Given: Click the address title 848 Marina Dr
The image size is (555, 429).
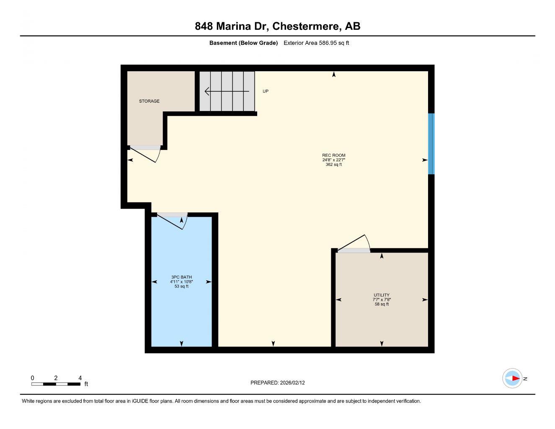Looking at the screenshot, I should point(277,26).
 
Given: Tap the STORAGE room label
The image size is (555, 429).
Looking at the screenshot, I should point(149,101).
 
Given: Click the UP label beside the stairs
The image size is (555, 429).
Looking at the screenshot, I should point(265,91).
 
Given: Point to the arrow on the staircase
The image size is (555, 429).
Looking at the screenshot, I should point(227,91).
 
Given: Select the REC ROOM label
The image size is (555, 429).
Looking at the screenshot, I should point(333,155).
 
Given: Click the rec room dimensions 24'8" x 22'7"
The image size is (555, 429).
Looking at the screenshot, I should point(333,160).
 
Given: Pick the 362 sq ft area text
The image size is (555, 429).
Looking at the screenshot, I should point(333,165).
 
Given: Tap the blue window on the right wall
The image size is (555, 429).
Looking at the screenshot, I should point(431,144).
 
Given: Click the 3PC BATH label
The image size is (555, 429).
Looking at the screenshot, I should point(181,277).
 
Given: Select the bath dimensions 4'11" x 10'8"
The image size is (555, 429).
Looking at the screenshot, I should point(181,282).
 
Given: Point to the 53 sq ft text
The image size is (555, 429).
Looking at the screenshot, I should point(181,287).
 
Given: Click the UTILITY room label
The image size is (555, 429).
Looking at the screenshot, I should point(382,295).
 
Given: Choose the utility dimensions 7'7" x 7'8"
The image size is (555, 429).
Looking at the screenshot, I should point(382,300).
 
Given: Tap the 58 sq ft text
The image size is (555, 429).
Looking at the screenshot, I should point(382,304).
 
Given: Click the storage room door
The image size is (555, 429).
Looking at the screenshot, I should point(145,152).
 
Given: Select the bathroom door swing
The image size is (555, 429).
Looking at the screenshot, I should point(172,220).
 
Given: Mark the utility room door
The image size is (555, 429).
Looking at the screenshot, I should point(354,245).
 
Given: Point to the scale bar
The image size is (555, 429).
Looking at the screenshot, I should point(56,383).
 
